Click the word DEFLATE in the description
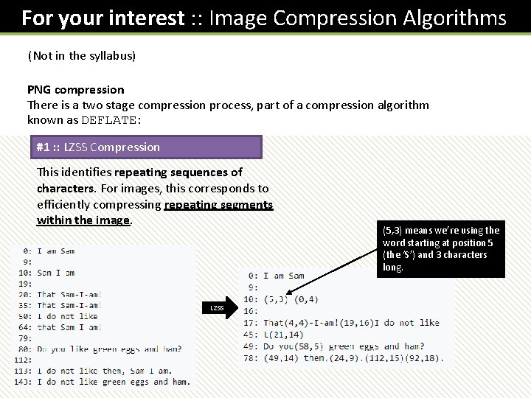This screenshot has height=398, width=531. coord(108,121)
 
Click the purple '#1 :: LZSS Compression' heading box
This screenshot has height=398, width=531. coord(146,147)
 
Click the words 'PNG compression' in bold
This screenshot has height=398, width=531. coord(76,90)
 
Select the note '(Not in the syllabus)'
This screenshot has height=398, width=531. coord(82,56)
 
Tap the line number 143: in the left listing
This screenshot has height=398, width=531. coord(21,382)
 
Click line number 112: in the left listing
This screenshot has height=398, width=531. coord(21,360)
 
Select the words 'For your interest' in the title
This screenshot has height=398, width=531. coord(102,18)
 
